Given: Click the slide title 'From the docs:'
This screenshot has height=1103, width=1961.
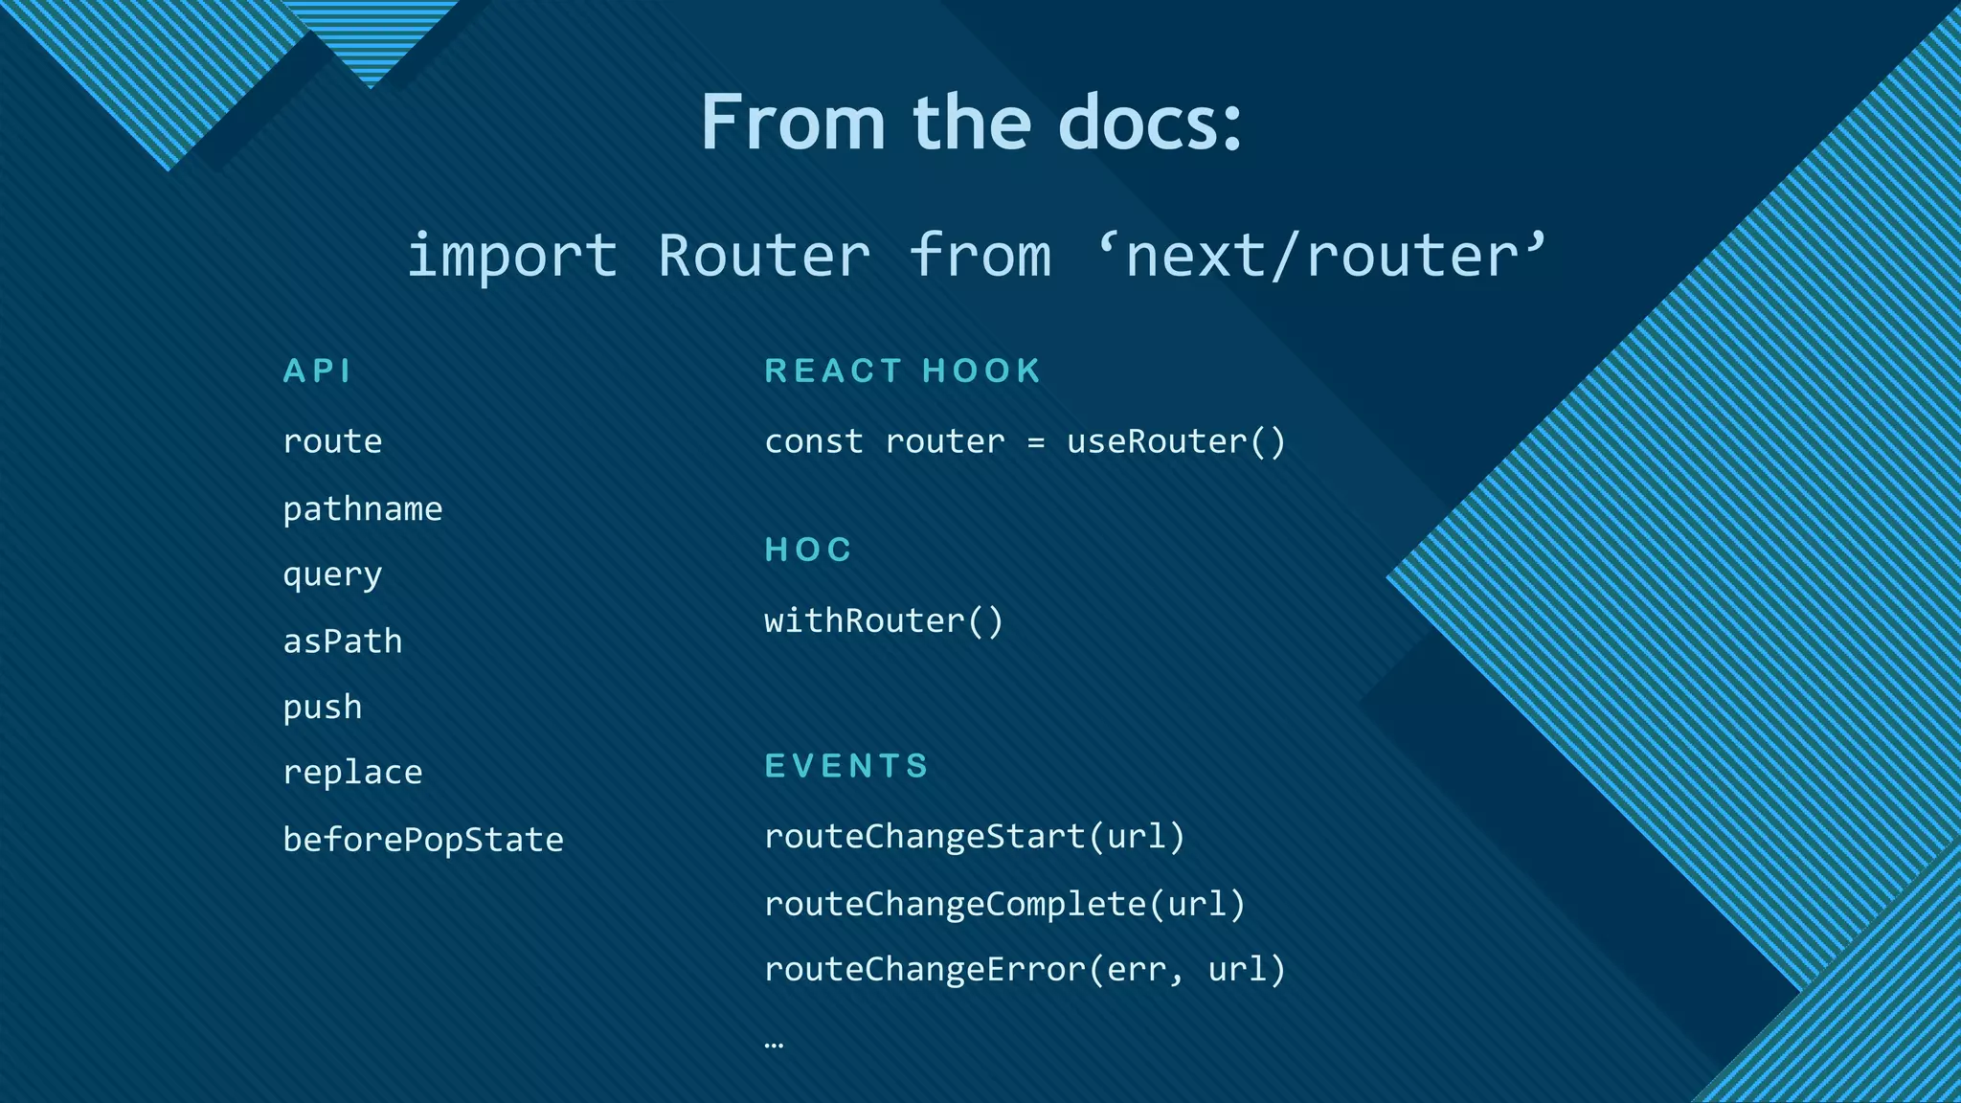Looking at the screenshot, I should (971, 123).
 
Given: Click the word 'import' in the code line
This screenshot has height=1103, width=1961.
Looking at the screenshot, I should (512, 257).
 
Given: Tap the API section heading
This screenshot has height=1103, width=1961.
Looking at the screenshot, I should (318, 371).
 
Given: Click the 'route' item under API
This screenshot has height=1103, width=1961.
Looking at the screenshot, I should (332, 441).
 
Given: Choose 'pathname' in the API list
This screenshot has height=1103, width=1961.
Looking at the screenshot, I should (362, 508).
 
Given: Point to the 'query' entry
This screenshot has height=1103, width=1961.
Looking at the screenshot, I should (332, 574).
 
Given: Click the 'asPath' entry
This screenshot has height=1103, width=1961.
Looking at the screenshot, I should (342, 641).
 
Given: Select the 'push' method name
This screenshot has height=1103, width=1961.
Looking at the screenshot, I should (323, 708).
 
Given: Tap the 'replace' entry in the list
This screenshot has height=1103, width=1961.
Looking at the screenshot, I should (352, 773).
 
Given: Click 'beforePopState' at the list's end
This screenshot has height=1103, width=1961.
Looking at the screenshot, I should (423, 840).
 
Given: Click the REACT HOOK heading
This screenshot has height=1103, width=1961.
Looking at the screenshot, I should (902, 371).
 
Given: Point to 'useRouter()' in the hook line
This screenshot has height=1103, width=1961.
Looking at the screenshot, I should (1176, 441).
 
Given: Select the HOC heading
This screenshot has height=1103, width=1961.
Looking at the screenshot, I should (808, 550).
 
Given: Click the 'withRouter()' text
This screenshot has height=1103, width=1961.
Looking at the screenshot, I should (883, 620).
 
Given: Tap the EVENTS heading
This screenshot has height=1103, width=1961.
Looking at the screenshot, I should (846, 766).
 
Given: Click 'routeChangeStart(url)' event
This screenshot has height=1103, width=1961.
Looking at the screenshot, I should (975, 837).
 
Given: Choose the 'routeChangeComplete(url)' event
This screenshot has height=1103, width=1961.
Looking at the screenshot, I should (1004, 904).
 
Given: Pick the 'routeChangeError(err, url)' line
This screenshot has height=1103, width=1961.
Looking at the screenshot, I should (1025, 969).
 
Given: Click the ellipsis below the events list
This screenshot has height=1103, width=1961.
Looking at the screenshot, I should (775, 1044).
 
